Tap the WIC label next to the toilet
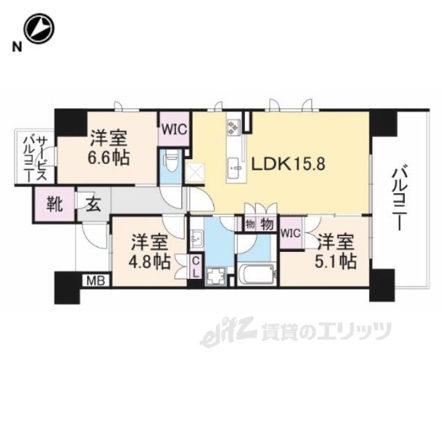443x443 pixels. pos(172,129)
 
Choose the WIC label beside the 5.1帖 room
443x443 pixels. pos(291,233)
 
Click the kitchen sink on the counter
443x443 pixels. pos(233,165)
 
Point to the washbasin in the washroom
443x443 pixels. pos(195,239)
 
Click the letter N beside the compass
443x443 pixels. pos(14,46)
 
